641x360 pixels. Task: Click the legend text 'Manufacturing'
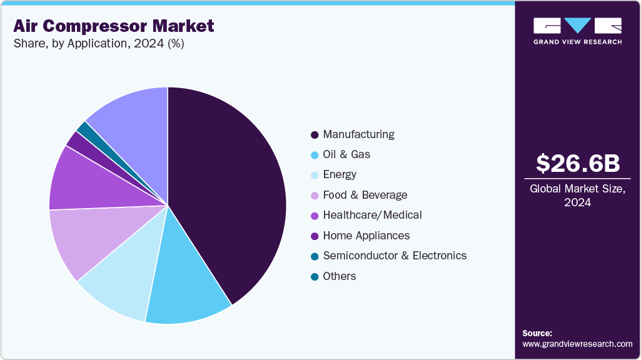(x=358, y=134)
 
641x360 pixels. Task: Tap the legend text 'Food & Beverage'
(x=365, y=195)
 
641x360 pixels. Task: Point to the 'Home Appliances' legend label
(x=366, y=236)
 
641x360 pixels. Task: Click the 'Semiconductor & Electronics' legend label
(x=395, y=256)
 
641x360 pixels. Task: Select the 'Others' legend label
(x=340, y=276)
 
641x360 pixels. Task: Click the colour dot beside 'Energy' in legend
(x=314, y=175)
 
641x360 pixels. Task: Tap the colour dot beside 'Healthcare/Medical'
(x=314, y=216)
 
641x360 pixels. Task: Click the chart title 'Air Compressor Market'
(x=114, y=26)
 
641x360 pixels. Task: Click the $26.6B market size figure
(x=578, y=164)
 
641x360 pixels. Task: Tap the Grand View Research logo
(x=577, y=30)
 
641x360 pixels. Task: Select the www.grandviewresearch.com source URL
(x=577, y=344)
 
